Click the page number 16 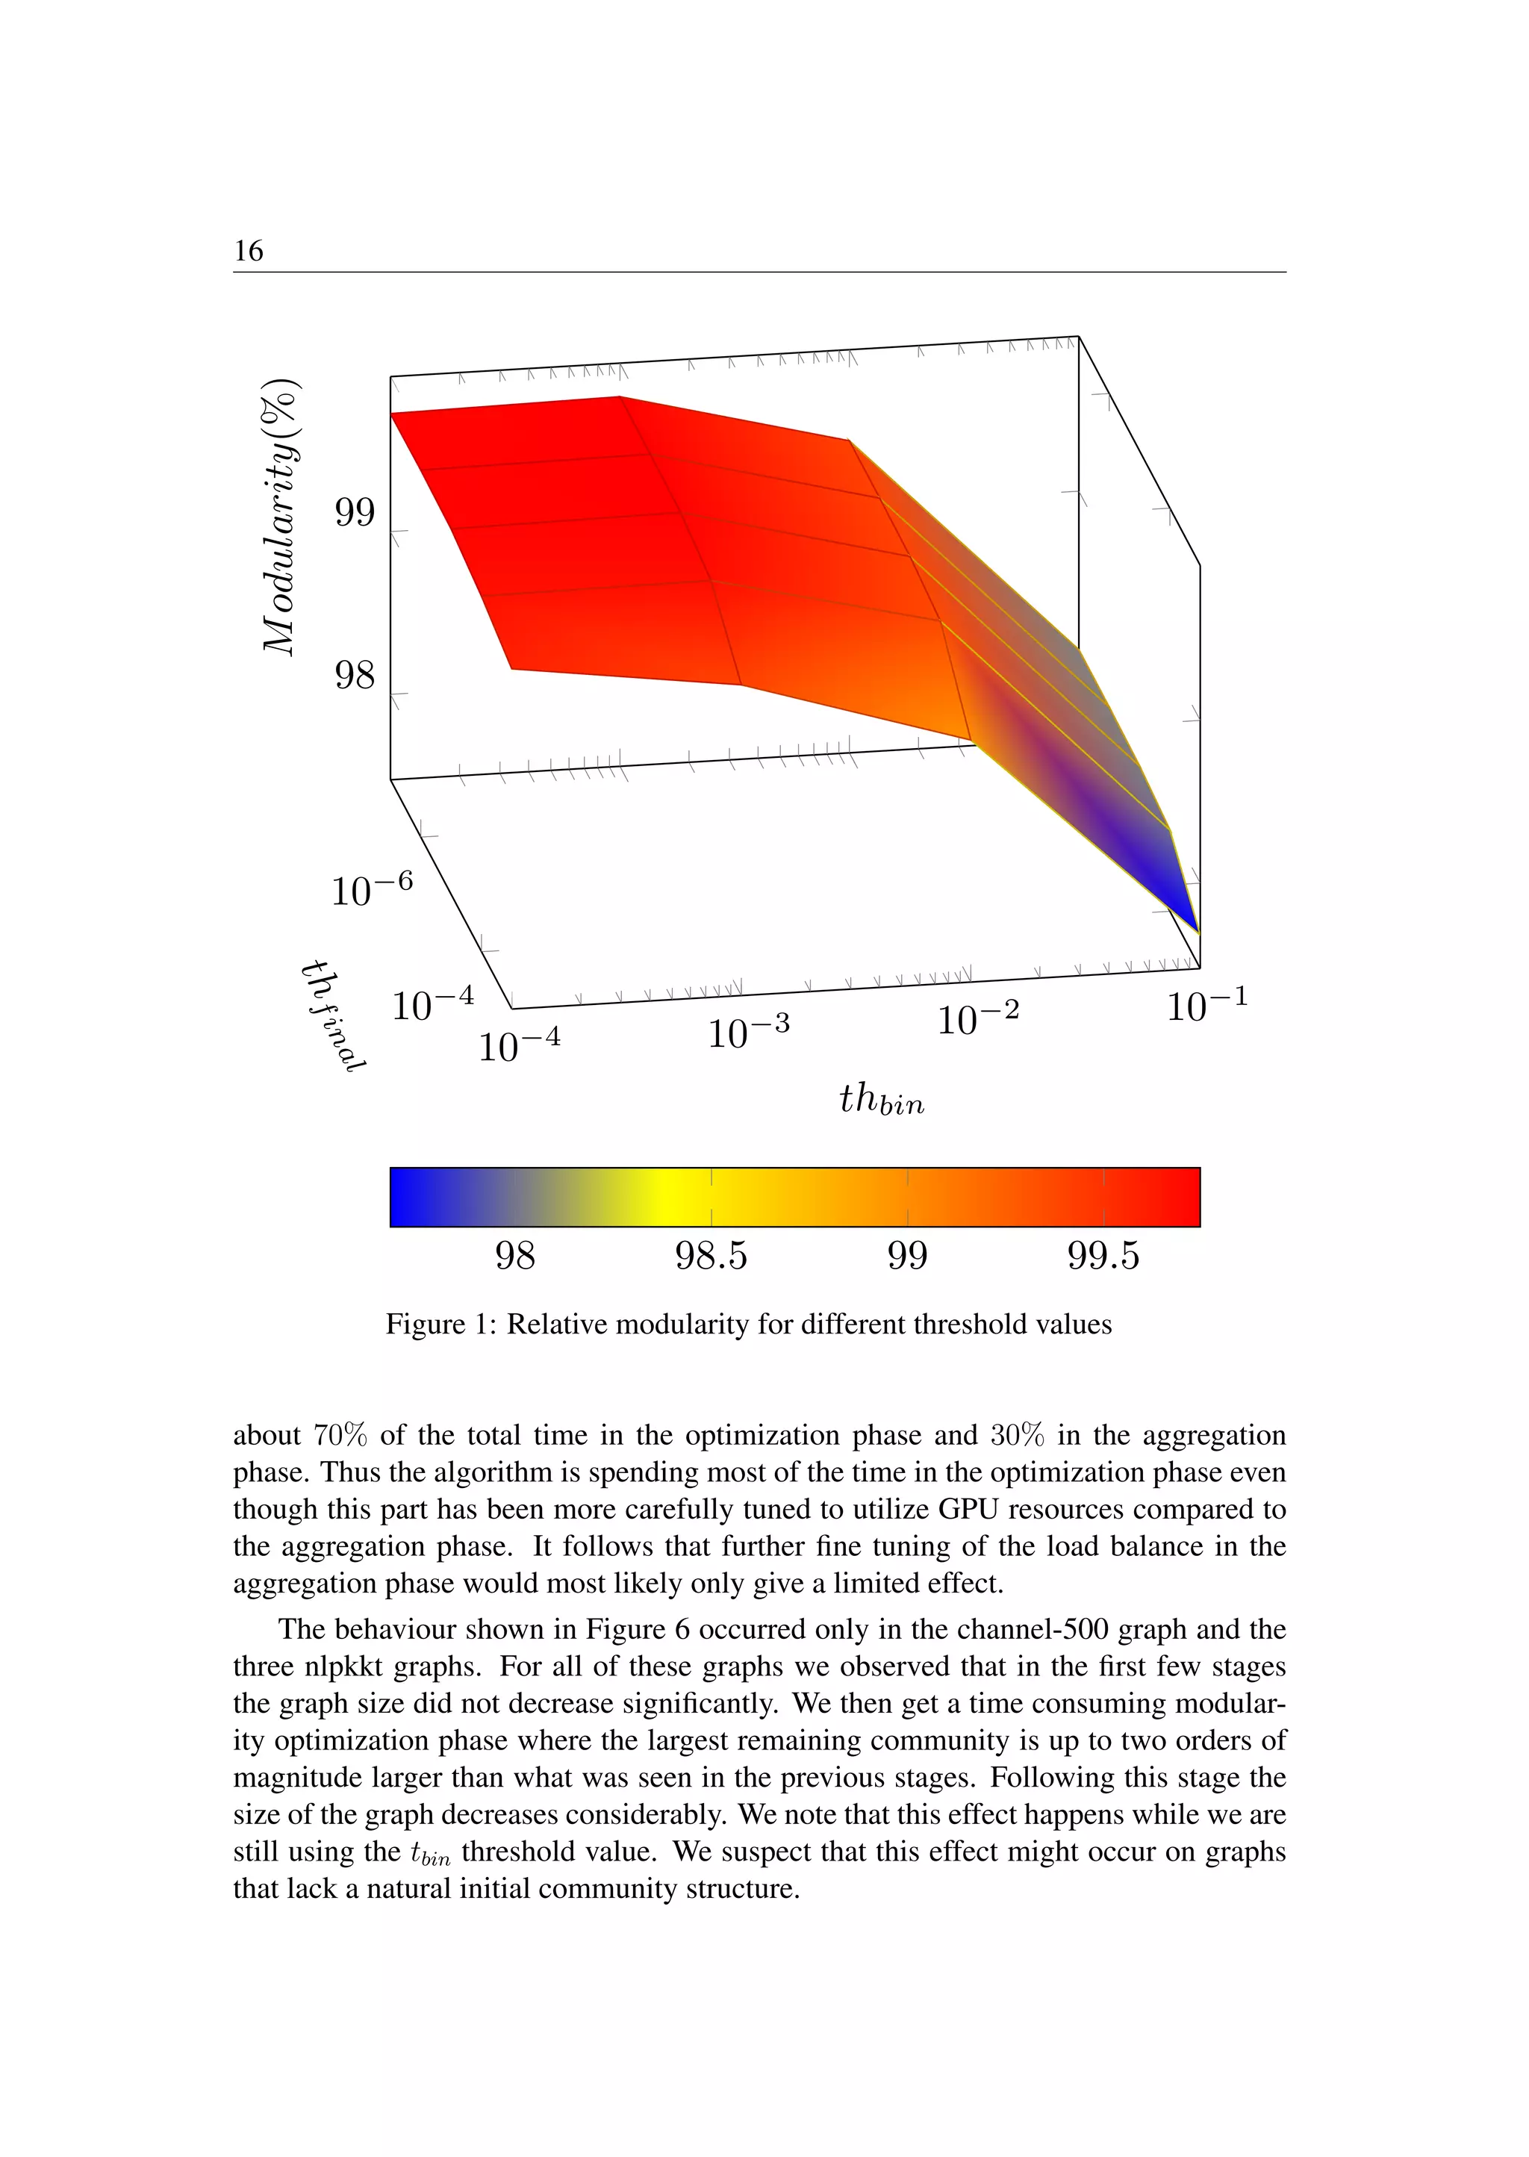249,252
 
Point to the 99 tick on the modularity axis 355,513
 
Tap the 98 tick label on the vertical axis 355,675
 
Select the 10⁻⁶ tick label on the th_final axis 371,888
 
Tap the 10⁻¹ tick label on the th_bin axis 1207,1006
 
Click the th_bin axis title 881,1100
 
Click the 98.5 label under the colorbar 711,1256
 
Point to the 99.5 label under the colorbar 1103,1256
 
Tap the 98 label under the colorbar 515,1256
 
